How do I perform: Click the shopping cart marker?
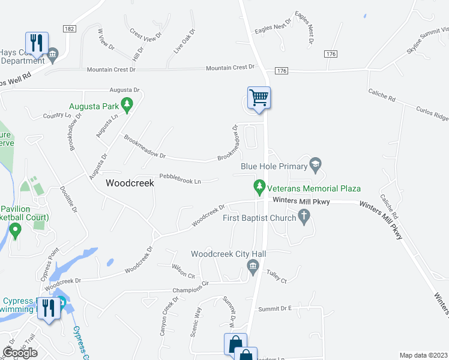[259, 97]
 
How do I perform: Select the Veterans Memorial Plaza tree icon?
[259, 188]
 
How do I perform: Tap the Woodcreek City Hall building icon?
[253, 271]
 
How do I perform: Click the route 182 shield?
[70, 29]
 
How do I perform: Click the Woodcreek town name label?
[130, 184]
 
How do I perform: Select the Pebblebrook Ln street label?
[179, 179]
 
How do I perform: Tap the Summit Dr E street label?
[274, 308]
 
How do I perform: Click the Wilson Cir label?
[184, 271]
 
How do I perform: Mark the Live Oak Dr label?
[185, 41]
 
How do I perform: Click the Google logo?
[20, 353]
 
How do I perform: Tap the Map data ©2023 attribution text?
[423, 355]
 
